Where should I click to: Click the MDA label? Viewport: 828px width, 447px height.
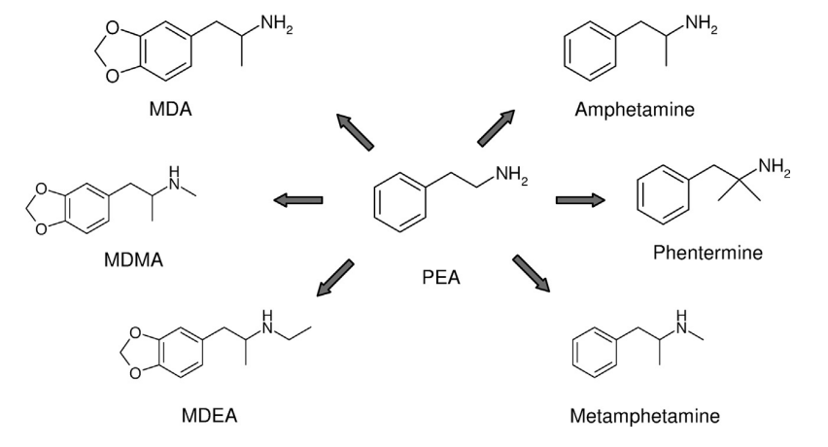171,110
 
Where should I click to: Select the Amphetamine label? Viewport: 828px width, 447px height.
635,110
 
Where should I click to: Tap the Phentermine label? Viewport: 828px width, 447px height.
707,254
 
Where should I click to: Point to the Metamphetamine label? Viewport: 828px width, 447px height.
645,417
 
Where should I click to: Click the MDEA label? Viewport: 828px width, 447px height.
209,417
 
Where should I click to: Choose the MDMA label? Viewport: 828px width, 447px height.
135,263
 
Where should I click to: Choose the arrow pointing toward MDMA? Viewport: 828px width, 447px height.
297,200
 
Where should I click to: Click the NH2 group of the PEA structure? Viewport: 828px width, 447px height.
511,175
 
